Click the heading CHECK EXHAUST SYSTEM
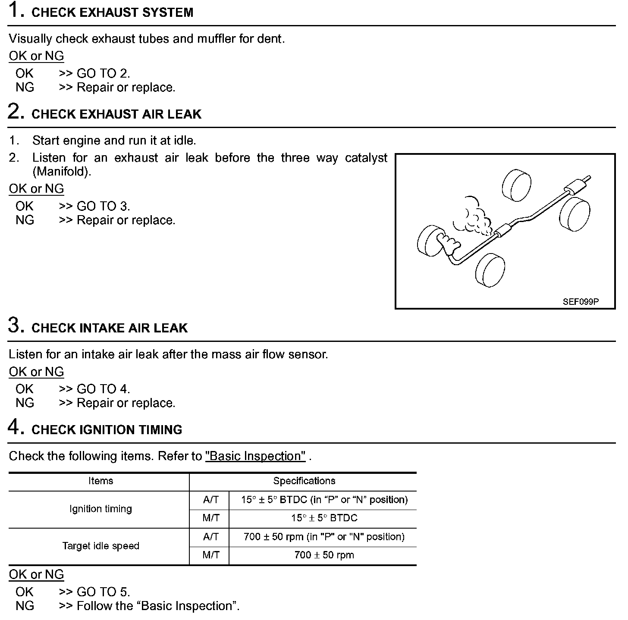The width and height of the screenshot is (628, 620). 112,13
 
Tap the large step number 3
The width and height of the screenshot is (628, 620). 15,325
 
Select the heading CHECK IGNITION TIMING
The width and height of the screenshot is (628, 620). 107,430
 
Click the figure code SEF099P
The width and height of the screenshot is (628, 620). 581,302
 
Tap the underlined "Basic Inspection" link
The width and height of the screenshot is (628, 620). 255,456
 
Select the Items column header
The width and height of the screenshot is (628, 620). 100,481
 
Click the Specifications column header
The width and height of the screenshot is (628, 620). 304,481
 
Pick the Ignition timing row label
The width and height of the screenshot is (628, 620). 100,509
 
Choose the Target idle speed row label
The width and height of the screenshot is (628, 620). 100,546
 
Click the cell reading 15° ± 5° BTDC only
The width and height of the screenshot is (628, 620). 324,518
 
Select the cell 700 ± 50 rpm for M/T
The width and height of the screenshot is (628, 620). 324,555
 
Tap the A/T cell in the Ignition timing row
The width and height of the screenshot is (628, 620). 210,500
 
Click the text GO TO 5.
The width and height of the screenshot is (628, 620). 103,592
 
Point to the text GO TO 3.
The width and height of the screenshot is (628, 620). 103,207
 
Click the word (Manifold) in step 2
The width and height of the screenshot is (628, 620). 62,172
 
